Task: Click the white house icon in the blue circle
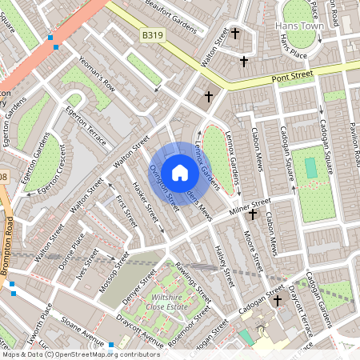(180, 173)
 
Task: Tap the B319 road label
(152, 35)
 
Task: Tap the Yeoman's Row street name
(97, 74)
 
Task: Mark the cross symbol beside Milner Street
(253, 214)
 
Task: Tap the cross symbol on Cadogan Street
(278, 301)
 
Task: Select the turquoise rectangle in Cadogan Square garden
(310, 168)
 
